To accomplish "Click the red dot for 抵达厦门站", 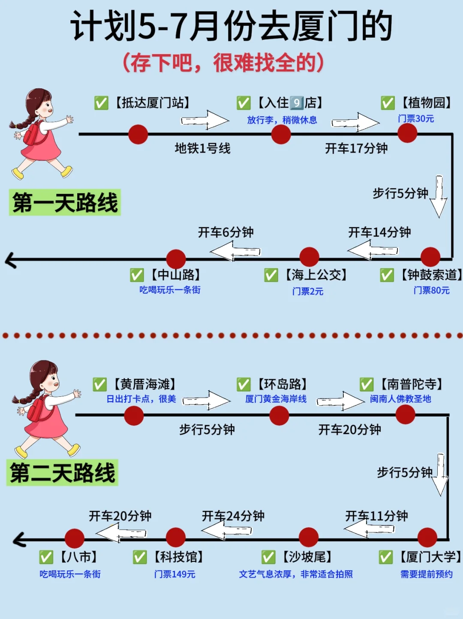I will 138,134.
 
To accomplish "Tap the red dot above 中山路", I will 176,259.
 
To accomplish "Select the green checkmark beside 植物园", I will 388,103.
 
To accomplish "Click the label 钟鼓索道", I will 431,275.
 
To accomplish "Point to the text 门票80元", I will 431,290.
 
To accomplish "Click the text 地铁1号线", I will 202,148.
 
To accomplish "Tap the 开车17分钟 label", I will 356,148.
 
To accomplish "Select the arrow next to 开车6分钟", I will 236,251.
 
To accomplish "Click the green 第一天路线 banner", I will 65,202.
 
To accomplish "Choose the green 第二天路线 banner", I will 62,473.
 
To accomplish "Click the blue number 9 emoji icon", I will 296,103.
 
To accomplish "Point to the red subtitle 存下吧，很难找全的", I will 223,63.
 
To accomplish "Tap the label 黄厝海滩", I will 145,384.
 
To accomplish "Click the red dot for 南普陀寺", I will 405,415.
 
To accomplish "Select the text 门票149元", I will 174,574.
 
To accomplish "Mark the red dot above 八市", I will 75,538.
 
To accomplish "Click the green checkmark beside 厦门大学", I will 385,557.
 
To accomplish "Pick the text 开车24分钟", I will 233,516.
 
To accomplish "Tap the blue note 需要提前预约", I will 426,574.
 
